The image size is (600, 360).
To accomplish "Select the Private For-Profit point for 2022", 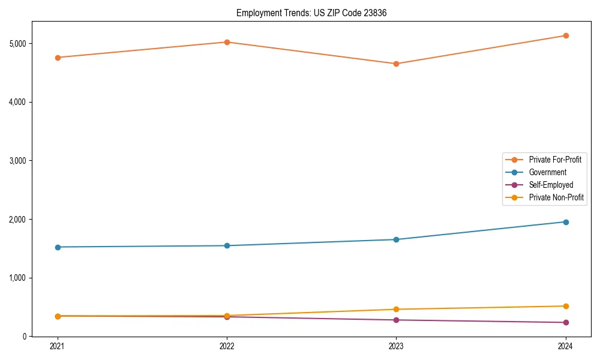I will point(227,42).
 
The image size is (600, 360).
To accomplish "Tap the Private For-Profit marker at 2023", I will point(396,64).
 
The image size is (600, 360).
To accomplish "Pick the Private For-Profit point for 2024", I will point(566,35).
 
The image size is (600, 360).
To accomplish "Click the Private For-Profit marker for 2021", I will point(58,58).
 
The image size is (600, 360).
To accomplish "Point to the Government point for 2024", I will point(566,222).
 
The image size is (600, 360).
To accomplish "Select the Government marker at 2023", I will point(396,239).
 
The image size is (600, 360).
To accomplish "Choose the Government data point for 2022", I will point(227,245).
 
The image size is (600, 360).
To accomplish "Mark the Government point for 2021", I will point(58,247).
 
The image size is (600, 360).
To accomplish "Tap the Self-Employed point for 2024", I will point(566,323).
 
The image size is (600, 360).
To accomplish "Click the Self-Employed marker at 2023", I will point(396,320).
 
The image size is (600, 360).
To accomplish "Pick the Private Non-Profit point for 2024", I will point(566,306).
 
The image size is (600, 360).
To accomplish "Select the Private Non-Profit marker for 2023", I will point(396,310).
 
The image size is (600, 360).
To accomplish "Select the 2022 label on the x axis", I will point(227,346).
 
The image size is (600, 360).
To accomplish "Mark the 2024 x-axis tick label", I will point(566,346).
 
